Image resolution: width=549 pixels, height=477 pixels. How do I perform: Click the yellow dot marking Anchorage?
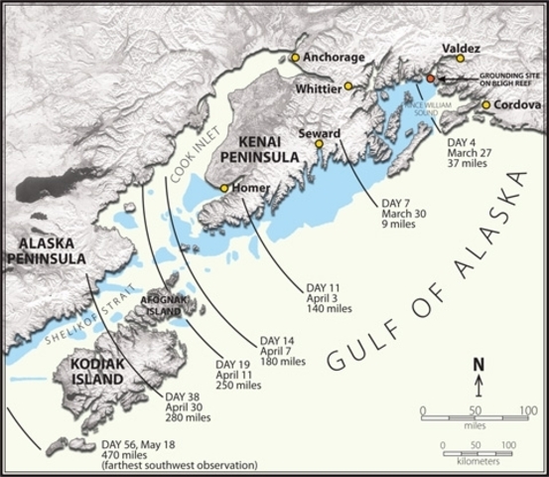[295, 58]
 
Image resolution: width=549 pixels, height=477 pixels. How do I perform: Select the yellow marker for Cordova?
[486, 104]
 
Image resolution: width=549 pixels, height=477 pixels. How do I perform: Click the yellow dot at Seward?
[320, 144]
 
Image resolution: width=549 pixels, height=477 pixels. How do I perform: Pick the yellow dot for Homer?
[225, 188]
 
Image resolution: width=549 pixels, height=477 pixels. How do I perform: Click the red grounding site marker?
[431, 78]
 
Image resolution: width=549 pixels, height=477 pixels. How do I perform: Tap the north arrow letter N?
[478, 365]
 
